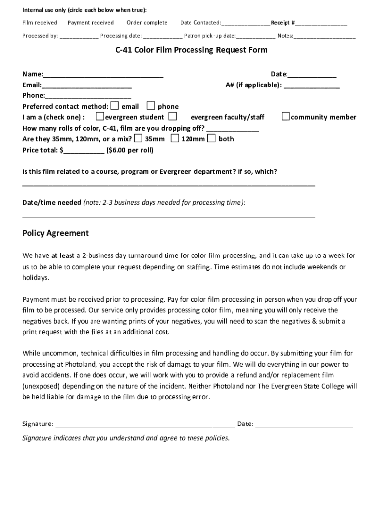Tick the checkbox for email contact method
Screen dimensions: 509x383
(x=115, y=106)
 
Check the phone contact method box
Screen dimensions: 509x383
(x=150, y=106)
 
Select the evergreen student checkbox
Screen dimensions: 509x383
(x=100, y=117)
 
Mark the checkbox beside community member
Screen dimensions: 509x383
(x=286, y=117)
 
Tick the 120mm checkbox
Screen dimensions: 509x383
(x=175, y=138)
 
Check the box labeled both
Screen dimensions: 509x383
(x=211, y=138)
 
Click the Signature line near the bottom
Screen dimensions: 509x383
(x=145, y=425)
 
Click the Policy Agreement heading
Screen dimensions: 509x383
(x=56, y=233)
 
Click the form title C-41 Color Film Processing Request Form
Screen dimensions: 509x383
(x=191, y=50)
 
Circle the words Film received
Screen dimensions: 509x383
(x=40, y=23)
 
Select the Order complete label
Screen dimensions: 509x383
(x=147, y=23)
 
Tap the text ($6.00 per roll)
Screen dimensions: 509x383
(x=130, y=150)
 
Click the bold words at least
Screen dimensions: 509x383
(x=63, y=256)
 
